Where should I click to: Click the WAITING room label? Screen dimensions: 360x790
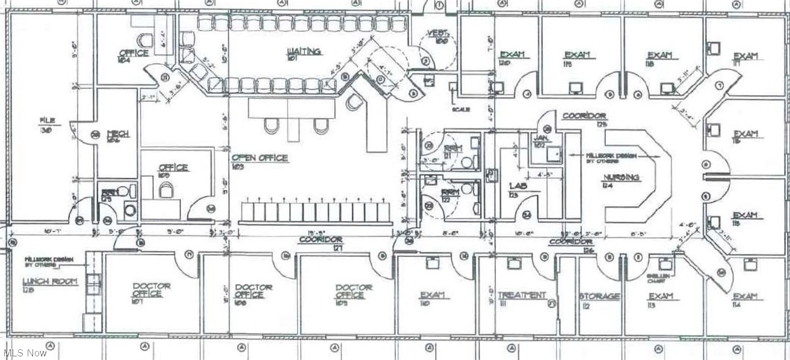coord(303,52)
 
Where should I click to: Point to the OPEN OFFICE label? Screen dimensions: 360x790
coord(260,158)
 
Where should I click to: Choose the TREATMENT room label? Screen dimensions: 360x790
coord(518,295)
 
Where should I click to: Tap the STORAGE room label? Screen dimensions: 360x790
coord(600,296)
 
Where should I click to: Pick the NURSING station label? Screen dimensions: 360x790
coord(622,177)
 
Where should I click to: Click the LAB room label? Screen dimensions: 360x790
coord(517,187)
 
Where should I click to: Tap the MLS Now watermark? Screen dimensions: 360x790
coord(25,353)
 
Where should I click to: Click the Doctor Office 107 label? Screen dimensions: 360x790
coord(147,290)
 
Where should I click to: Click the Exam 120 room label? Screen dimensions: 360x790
coord(512,55)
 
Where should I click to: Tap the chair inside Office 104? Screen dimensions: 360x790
coord(144,40)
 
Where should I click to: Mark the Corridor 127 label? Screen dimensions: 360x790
coord(330,240)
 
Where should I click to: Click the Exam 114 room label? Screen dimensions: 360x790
coord(745,296)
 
